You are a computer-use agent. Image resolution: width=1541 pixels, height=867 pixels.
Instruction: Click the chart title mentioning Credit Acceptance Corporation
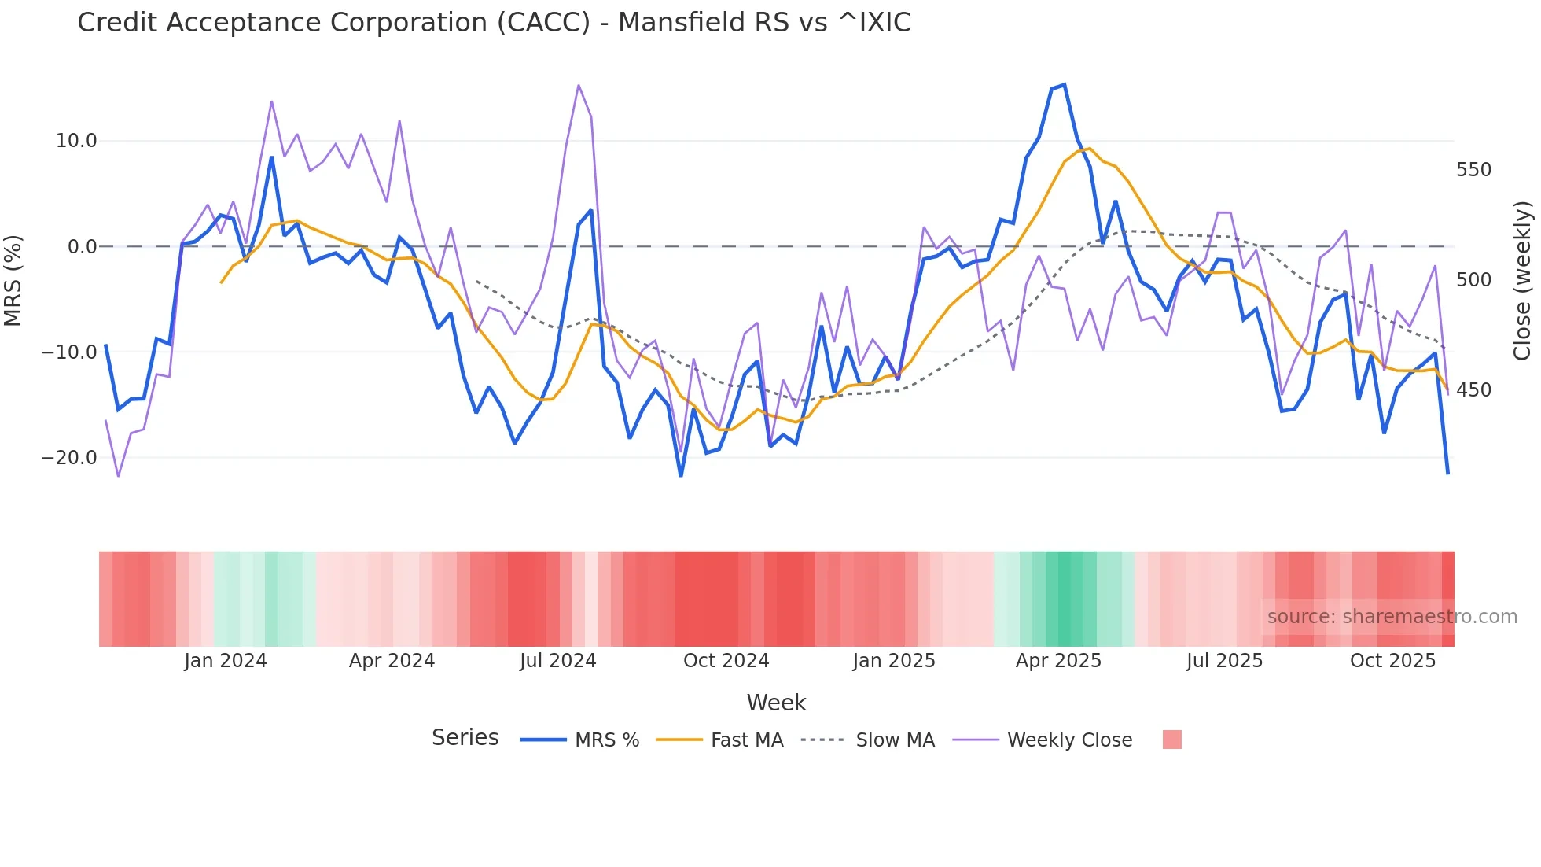pos(494,22)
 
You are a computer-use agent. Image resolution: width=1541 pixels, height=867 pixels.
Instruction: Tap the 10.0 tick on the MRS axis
pos(76,141)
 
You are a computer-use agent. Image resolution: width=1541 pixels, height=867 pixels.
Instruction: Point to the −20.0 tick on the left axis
pos(70,458)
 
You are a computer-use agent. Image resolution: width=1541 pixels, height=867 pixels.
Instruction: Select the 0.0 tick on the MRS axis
pos(83,247)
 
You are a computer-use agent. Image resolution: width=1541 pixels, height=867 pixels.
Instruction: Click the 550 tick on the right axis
pos(1473,170)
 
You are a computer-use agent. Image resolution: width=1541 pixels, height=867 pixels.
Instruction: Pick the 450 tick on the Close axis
pos(1473,390)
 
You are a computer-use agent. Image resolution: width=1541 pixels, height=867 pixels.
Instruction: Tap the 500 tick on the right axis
pos(1473,280)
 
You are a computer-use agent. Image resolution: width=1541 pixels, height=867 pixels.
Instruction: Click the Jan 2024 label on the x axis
pos(226,661)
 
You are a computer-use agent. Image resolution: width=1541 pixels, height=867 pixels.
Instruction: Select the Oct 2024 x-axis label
pos(726,661)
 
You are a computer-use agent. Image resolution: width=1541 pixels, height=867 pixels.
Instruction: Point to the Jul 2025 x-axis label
pos(1224,661)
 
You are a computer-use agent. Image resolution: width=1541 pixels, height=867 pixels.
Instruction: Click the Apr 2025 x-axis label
pos(1058,661)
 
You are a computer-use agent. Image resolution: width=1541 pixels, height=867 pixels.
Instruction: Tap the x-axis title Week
pos(776,703)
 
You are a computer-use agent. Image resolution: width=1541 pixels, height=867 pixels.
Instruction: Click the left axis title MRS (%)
pos(13,280)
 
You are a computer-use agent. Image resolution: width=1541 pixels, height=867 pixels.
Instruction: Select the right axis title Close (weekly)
pos(1522,280)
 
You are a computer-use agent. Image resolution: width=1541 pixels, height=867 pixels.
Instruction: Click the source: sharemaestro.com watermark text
pos(1392,617)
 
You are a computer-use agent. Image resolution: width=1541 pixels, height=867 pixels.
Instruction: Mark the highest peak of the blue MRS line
pos(1065,84)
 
